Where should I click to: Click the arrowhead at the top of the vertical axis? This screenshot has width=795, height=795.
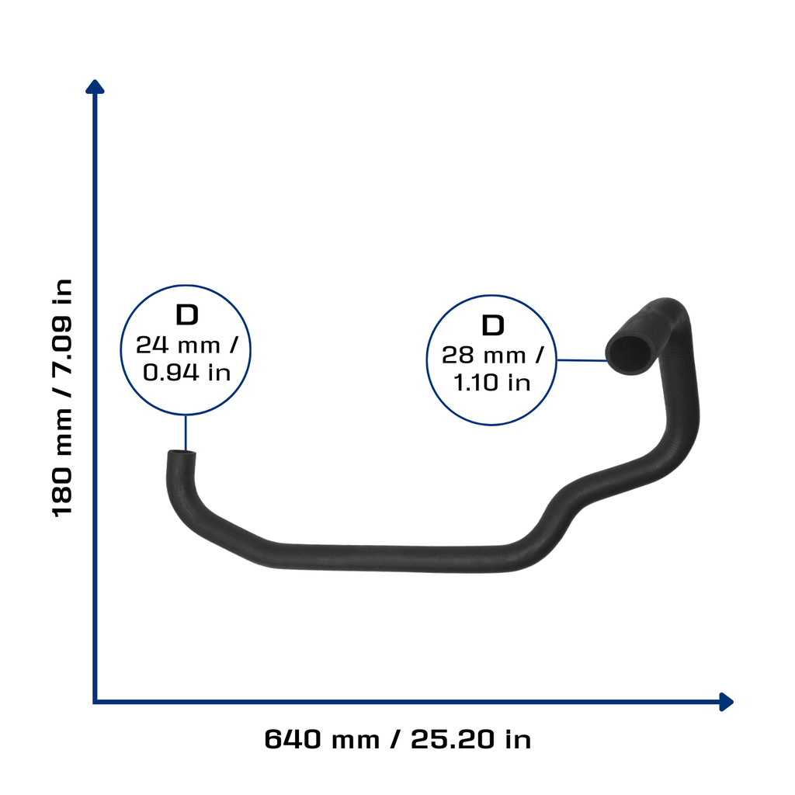pos(95,87)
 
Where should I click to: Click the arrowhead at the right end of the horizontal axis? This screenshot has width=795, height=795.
pos(727,702)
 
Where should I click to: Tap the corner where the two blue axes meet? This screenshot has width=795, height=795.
pos(95,702)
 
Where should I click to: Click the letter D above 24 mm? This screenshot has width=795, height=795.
pos(186,315)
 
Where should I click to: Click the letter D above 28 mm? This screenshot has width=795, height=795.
pos(493,325)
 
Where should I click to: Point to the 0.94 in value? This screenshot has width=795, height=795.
pos(186,373)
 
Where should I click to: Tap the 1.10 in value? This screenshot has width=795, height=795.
pos(491,383)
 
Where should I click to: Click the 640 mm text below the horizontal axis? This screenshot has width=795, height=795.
pos(322,739)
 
